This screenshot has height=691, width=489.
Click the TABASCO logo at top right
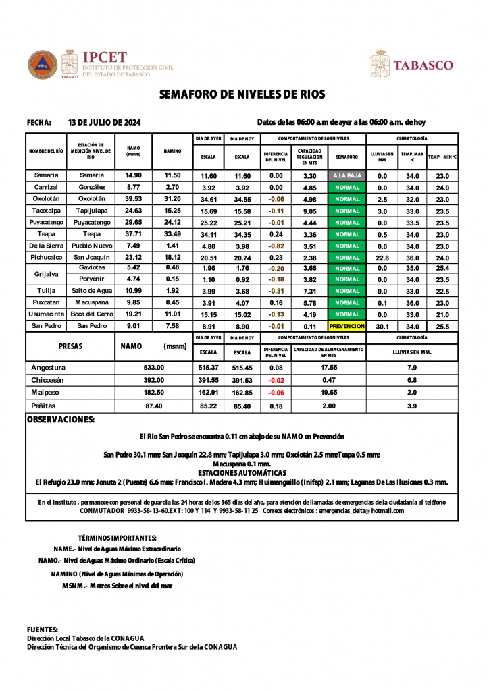[x=423, y=65]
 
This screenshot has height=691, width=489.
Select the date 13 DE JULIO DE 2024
[x=105, y=123]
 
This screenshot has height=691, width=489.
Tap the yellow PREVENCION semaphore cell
[x=347, y=326]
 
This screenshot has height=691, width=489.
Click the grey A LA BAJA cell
[x=347, y=175]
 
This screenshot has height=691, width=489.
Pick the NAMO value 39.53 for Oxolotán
[x=133, y=199]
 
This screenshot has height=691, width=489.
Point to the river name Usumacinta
[x=46, y=314]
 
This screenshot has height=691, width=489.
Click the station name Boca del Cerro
[x=91, y=314]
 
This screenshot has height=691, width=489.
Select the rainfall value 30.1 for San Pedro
[x=382, y=326]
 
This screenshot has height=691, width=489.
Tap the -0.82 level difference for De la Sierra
[x=276, y=246]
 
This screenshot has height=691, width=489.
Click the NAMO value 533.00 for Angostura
[x=154, y=368]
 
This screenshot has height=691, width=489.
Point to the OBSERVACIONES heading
[x=60, y=420]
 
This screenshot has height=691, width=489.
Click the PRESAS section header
[x=70, y=345]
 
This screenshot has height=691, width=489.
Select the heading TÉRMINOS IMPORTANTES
[x=117, y=538]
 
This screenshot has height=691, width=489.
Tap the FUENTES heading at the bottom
[x=43, y=629]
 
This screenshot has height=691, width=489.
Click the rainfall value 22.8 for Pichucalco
[x=382, y=258]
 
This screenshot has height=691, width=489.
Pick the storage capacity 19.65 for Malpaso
[x=329, y=392]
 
